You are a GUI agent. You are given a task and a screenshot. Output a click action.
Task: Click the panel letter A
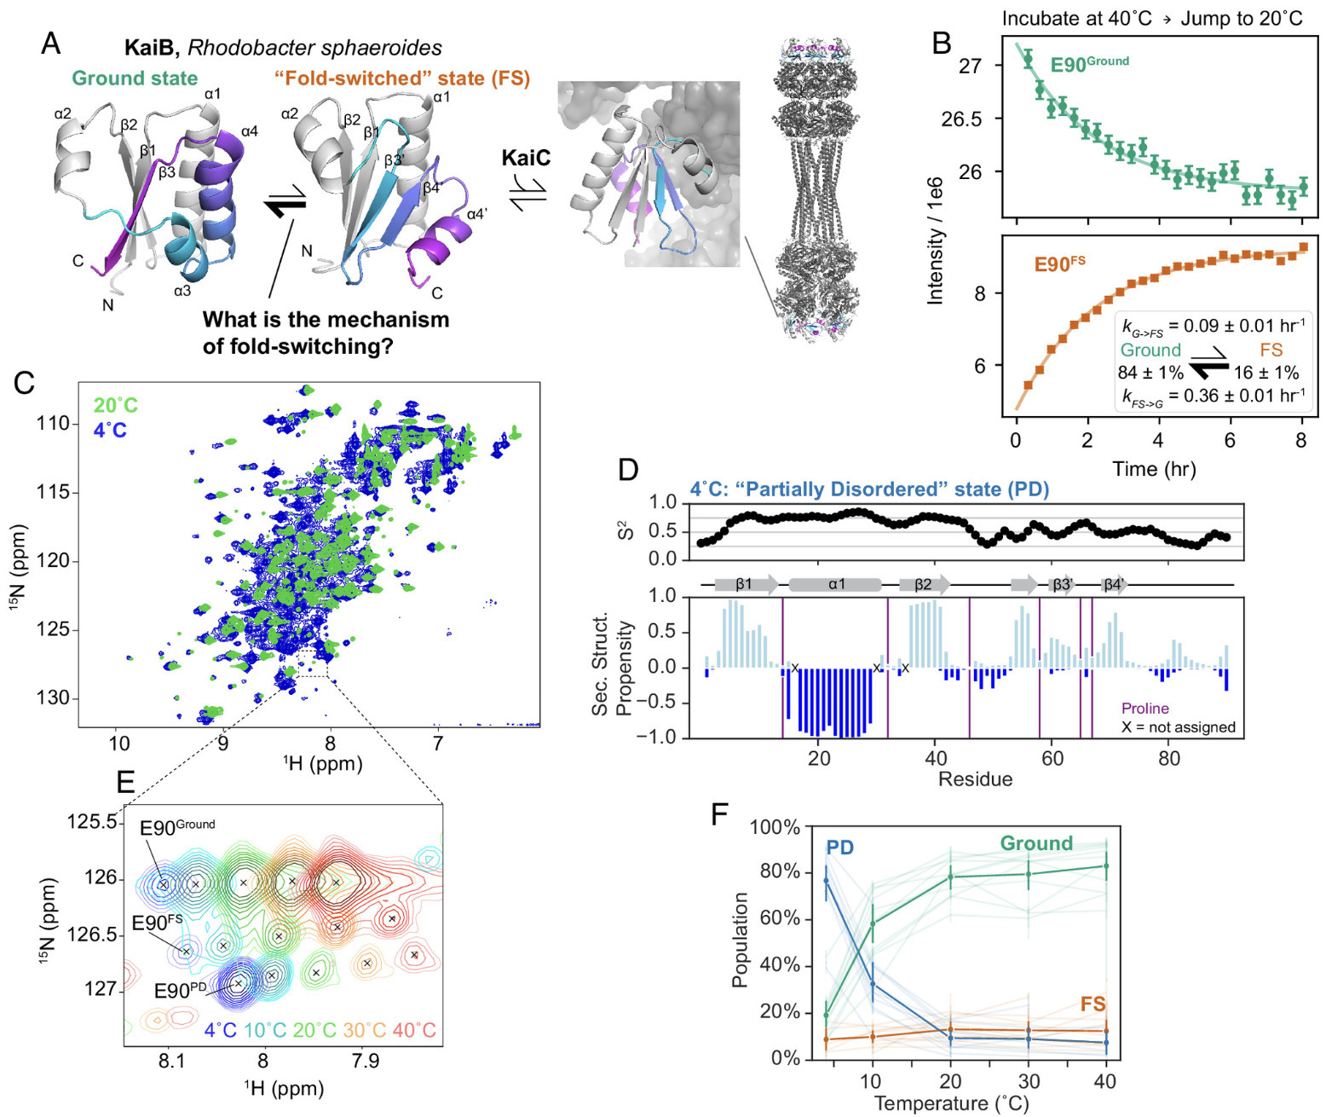point(50,43)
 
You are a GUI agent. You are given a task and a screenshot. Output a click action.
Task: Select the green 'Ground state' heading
point(135,78)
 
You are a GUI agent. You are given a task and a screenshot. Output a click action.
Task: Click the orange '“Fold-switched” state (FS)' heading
point(402,78)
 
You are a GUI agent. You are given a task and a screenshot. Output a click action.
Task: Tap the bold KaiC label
point(526,158)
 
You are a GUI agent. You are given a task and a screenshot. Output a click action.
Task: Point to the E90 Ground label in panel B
point(1089,64)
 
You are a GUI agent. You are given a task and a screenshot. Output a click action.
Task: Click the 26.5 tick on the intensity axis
point(961,119)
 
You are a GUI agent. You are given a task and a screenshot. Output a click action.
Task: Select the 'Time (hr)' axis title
point(1154,469)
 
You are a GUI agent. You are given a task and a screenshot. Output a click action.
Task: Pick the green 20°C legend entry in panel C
point(115,405)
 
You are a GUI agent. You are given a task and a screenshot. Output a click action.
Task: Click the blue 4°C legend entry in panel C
point(110,431)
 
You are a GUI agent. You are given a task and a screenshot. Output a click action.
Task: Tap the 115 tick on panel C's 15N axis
point(54,493)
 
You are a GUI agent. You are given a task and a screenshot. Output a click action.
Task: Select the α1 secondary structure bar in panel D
point(835,585)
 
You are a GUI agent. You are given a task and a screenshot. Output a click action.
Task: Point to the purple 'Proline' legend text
point(1144,709)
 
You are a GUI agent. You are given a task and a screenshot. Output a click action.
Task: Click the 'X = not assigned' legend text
point(1178,727)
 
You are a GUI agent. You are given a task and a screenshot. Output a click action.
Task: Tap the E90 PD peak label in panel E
point(180,991)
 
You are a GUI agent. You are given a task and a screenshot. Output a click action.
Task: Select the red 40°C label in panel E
point(414,1030)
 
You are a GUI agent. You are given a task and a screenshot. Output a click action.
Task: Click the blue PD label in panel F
point(840,848)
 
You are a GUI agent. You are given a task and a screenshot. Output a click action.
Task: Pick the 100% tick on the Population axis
point(775,827)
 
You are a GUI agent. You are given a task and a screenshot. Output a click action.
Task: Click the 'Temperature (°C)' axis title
point(951,1103)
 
